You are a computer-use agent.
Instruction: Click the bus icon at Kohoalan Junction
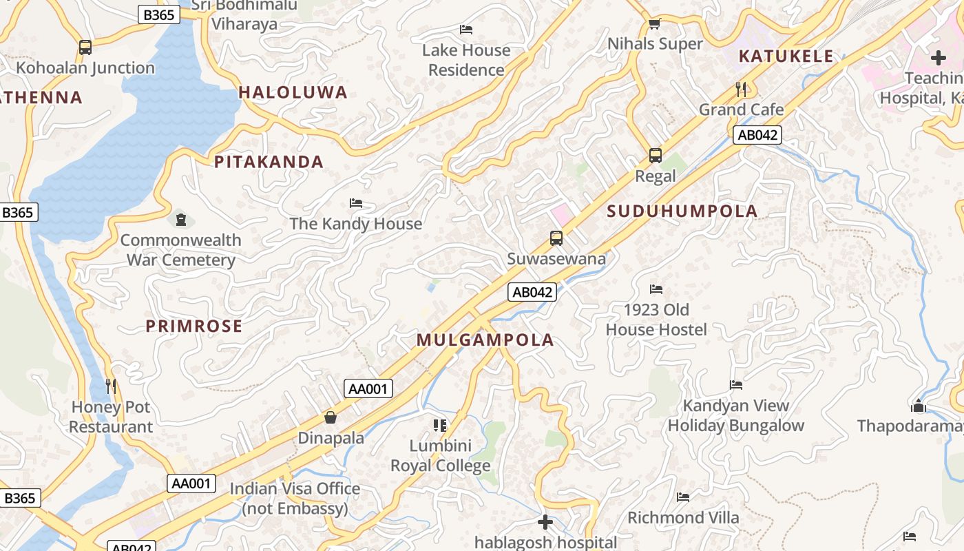(x=85, y=48)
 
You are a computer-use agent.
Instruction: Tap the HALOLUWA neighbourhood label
(x=293, y=92)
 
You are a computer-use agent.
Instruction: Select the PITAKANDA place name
(x=269, y=162)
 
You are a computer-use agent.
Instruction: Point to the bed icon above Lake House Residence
(x=466, y=30)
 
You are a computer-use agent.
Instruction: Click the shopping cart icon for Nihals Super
(x=654, y=24)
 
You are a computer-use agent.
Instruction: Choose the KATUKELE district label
(x=786, y=56)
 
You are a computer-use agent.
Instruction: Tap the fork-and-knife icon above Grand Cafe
(x=741, y=89)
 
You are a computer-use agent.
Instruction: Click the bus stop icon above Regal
(x=655, y=155)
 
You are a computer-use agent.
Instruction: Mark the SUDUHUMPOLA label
(x=682, y=211)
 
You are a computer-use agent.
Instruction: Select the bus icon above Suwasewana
(x=556, y=238)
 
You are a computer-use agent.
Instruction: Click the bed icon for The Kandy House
(x=356, y=203)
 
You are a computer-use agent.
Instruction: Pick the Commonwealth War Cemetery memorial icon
(x=180, y=220)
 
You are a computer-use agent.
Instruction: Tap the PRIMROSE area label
(x=194, y=326)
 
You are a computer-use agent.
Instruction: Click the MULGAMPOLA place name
(x=485, y=340)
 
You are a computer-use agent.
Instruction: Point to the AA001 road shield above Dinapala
(x=368, y=388)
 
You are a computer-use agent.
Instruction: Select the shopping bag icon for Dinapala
(x=331, y=417)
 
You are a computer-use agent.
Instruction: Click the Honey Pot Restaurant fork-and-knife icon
(x=111, y=386)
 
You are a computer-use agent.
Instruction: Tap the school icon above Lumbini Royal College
(x=440, y=425)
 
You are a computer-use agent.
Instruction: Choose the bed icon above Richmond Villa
(x=683, y=497)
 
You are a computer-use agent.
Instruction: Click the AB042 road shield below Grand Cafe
(x=757, y=135)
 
